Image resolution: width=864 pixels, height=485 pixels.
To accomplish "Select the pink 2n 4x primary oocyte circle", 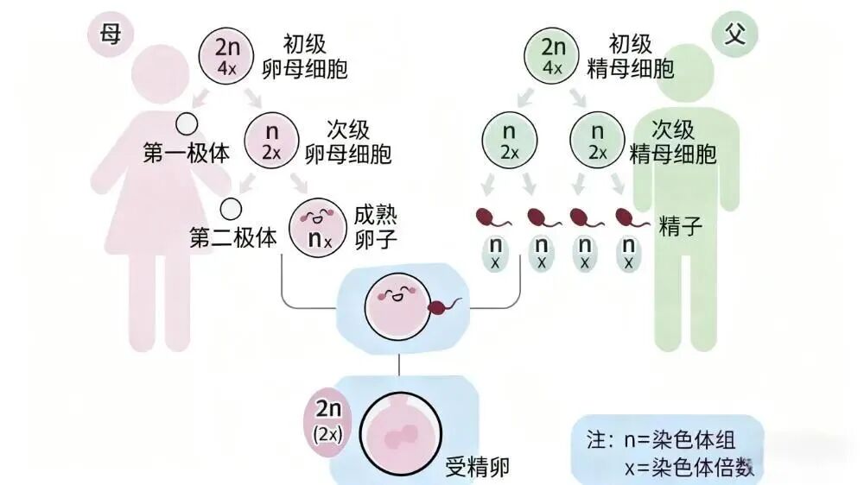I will tap(226, 55).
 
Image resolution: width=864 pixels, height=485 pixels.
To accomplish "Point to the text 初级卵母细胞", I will tap(314, 56).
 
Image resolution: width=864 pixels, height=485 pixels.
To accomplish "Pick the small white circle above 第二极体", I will tap(231, 208).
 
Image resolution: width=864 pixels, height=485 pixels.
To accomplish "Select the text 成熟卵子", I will tap(376, 226).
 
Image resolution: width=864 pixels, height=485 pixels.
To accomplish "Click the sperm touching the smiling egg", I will tap(445, 304).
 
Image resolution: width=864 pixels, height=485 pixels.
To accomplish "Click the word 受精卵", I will tap(477, 467).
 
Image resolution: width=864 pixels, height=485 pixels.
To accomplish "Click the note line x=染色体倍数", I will tap(689, 467).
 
